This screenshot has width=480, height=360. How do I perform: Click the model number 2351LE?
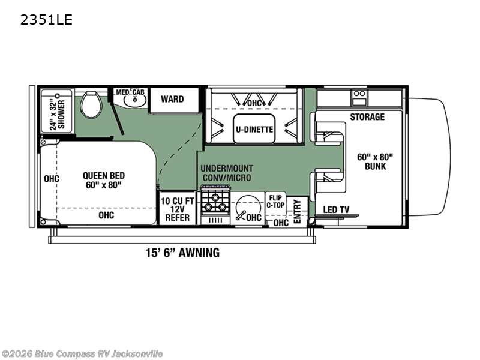47,20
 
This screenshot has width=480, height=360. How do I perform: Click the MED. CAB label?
130,92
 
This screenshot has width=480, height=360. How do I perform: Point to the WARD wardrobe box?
172,99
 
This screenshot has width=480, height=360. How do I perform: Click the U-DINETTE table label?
254,129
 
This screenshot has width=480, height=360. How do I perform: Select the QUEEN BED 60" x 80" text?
104,180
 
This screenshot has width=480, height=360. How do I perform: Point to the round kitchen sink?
244,208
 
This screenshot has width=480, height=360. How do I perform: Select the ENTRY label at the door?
297,211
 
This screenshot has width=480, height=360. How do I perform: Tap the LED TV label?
337,210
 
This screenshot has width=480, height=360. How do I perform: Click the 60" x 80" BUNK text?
375,161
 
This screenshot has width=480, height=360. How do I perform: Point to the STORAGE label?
367,117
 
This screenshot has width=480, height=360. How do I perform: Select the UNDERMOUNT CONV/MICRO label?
226,173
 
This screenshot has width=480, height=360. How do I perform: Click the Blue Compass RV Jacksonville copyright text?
82,354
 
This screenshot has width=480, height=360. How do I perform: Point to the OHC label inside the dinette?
255,103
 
